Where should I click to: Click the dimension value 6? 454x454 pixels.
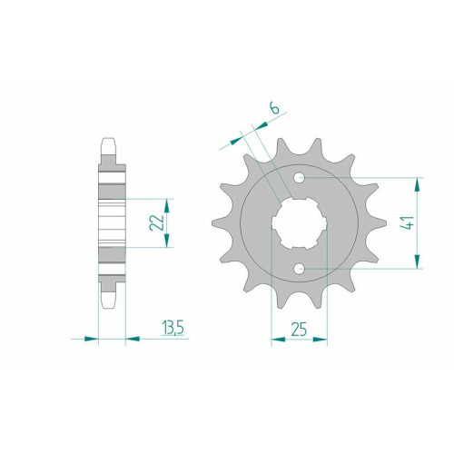(275, 108)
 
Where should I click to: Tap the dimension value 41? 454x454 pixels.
(410, 222)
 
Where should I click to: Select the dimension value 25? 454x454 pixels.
(299, 329)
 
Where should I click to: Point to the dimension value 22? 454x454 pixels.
(156, 222)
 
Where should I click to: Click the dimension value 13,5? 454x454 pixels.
(173, 328)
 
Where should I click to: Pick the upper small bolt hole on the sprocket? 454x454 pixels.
(300, 178)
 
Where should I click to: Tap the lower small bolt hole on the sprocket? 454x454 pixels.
(300, 269)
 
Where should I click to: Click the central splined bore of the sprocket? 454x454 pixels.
(299, 223)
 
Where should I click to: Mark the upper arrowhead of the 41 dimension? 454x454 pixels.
(418, 184)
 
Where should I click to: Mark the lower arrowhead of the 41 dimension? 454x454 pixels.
(418, 262)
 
